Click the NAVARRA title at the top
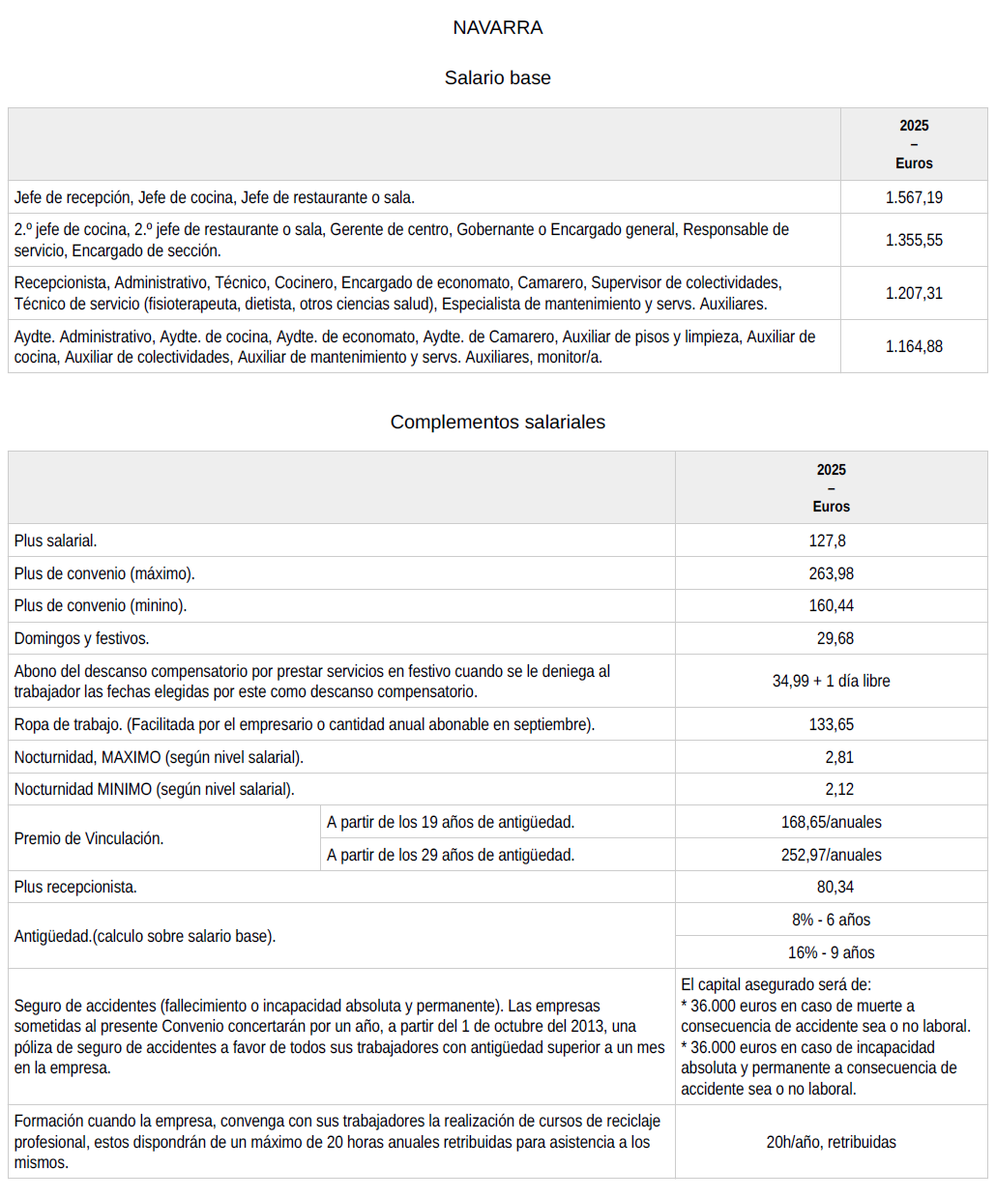coord(497,28)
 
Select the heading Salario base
coord(497,78)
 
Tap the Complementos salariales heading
coord(497,423)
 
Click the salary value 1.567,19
coord(914,197)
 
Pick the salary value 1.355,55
coord(914,240)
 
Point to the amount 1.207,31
coord(914,293)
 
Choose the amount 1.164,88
coord(914,346)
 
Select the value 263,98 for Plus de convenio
coord(831,573)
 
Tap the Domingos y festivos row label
coord(81,638)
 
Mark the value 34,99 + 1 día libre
coord(831,681)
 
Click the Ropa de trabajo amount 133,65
coord(831,724)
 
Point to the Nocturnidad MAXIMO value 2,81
coord(838,757)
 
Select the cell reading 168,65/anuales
coord(831,822)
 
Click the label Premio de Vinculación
coord(89,838)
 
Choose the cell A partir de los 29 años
coord(451,855)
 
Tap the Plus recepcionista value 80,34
coord(835,887)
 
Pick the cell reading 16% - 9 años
coord(831,952)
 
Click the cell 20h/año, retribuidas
coord(831,1142)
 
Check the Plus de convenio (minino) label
coord(101,605)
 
